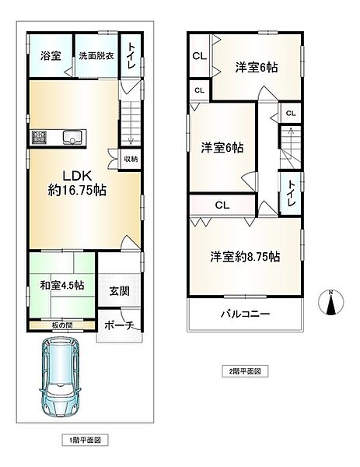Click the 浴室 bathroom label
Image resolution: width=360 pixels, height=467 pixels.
click(x=51, y=56)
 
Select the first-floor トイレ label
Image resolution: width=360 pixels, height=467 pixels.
click(x=131, y=56)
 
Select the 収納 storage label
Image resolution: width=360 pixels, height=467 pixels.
click(x=131, y=159)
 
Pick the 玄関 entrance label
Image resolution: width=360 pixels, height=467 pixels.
click(x=121, y=292)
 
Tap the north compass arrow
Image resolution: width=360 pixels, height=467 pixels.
click(x=330, y=304)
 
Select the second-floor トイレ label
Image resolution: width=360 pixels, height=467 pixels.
click(x=290, y=191)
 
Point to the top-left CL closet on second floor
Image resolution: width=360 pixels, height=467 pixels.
click(x=199, y=55)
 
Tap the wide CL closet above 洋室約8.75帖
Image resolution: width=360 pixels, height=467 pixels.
click(x=222, y=206)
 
